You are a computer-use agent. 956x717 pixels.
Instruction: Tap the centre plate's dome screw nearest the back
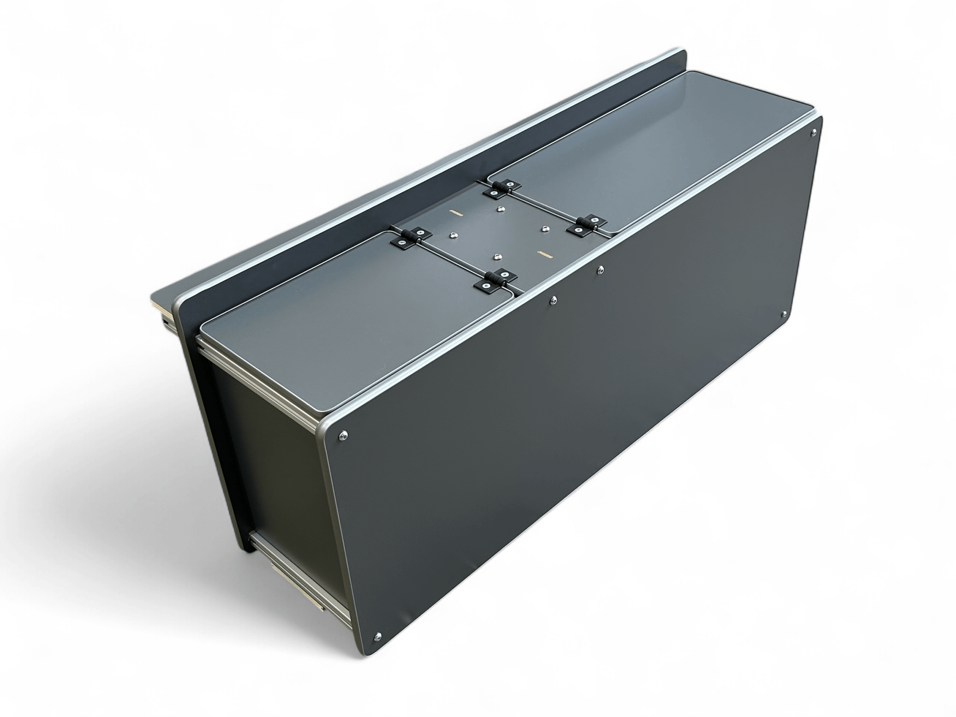tap(499, 209)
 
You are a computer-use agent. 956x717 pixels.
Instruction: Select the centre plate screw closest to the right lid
tap(545, 228)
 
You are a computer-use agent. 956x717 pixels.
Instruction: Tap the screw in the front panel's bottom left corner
tap(377, 636)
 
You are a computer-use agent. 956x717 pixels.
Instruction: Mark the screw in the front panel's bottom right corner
tap(783, 313)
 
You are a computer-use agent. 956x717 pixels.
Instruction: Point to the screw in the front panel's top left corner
tap(342, 434)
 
